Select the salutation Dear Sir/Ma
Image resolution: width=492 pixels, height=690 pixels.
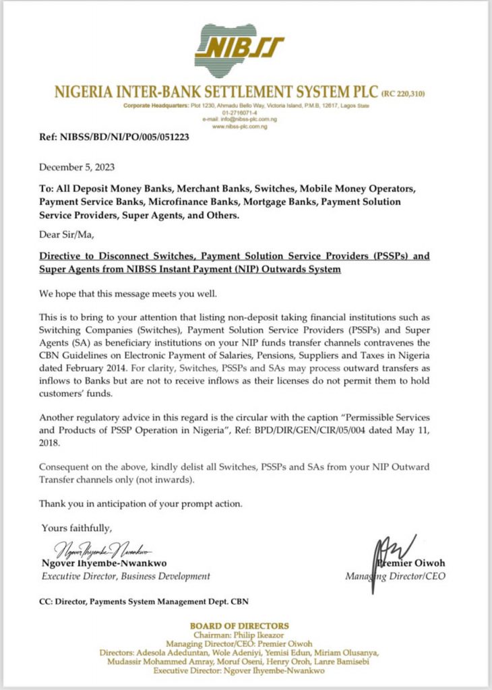click(67, 236)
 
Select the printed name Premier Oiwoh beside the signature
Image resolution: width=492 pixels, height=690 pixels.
click(412, 563)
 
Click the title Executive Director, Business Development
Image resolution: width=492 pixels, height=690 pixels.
click(126, 576)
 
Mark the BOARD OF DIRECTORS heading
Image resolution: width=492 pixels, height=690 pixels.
click(239, 626)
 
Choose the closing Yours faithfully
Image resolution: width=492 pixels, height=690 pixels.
click(77, 527)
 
